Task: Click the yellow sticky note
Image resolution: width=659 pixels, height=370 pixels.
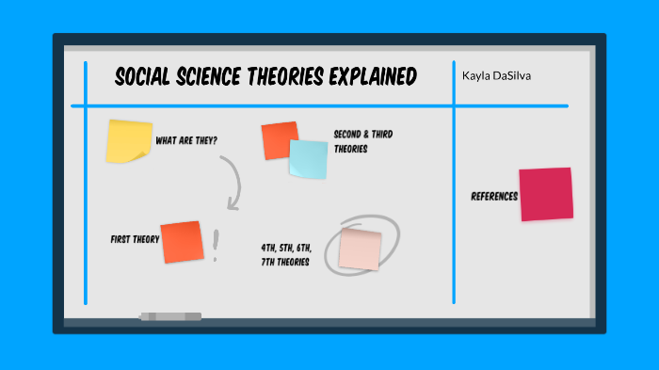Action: pos(129,141)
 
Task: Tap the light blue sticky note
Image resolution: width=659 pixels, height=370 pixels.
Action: pos(309,159)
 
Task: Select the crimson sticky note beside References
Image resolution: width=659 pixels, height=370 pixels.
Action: pos(546,194)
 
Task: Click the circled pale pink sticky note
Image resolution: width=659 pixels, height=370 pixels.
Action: pos(361,248)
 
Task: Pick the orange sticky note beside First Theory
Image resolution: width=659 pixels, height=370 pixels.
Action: pos(182,242)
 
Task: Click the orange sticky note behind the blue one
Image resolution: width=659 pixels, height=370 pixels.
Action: pos(277,137)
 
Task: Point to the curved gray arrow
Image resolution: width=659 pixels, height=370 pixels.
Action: pos(233,182)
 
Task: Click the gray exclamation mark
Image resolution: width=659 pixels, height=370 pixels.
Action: pos(216,246)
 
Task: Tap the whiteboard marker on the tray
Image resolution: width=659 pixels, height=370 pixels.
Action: pos(170,316)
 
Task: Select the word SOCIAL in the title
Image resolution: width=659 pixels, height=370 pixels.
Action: pos(146,77)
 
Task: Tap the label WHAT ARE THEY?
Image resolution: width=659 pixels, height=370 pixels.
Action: pos(186,141)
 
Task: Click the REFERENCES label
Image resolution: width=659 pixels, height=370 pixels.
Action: pos(494,196)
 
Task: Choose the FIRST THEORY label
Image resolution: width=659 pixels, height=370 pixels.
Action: pos(135,239)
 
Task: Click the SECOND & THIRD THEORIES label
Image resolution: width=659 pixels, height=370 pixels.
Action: pos(362,141)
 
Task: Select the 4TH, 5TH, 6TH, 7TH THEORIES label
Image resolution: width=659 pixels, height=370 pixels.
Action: pos(287,255)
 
